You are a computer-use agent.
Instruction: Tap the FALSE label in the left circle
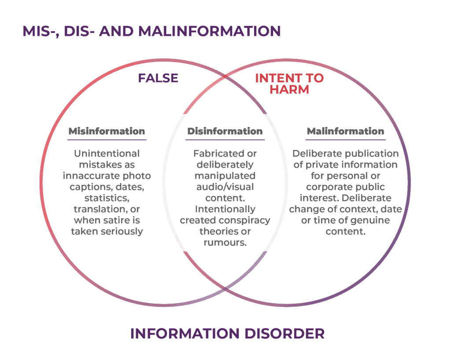pyautogui.click(x=158, y=78)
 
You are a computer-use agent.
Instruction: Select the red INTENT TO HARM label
pyautogui.click(x=289, y=84)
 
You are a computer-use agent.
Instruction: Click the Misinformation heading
pyautogui.click(x=107, y=131)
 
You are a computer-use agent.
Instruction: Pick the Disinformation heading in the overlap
pyautogui.click(x=225, y=131)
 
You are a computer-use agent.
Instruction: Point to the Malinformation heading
pyautogui.click(x=345, y=131)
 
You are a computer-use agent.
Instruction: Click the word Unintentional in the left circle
pyautogui.click(x=107, y=154)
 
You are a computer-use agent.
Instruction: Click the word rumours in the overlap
pyautogui.click(x=225, y=242)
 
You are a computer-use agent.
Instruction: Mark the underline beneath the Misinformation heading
pyautogui.click(x=107, y=140)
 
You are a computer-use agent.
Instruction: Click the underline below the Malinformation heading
pyautogui.click(x=345, y=140)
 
